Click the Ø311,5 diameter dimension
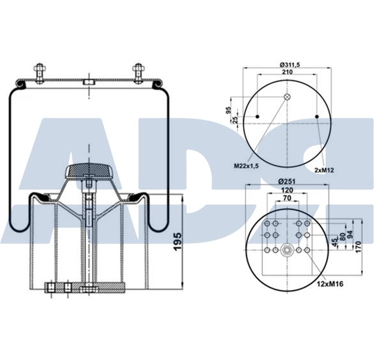[x=288, y=65]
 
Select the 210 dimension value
[x=288, y=72]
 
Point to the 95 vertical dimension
[x=229, y=110]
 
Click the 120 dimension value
[x=287, y=190]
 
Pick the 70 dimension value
[x=287, y=198]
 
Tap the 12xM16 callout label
[x=329, y=283]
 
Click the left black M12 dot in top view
[x=258, y=118]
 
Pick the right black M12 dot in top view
[x=318, y=118]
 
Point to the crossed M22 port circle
[x=288, y=97]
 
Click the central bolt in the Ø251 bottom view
[x=287, y=250]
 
